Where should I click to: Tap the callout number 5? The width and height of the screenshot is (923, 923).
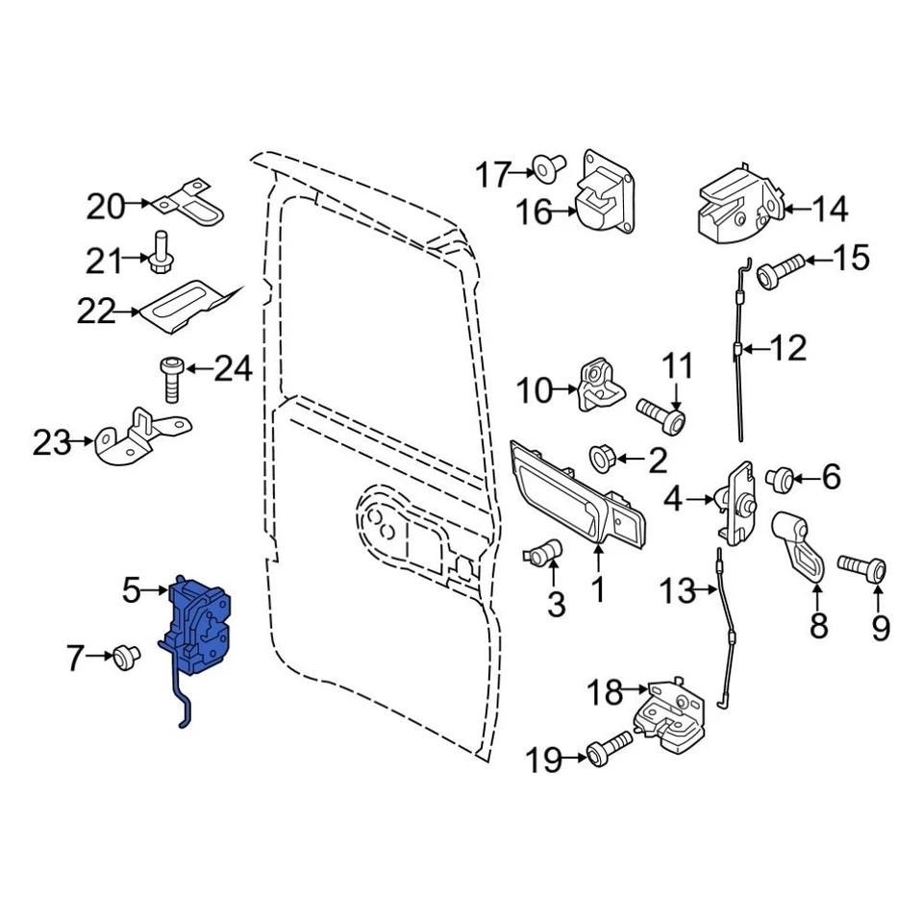click(x=132, y=590)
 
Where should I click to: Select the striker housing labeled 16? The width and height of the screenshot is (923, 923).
click(x=605, y=197)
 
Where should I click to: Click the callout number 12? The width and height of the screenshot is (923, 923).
click(x=787, y=348)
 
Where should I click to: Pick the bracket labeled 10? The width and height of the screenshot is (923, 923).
click(x=600, y=387)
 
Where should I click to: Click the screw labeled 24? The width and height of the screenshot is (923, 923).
click(x=170, y=378)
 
